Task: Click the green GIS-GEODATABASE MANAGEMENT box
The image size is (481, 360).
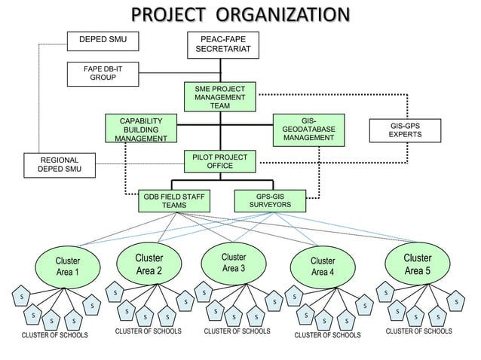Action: point(308,130)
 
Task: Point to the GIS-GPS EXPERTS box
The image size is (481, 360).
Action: point(405,130)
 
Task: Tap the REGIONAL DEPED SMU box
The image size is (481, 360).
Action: point(59,165)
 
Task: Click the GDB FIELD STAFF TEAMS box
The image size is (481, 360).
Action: point(174,201)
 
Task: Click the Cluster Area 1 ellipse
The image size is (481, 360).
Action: point(67,267)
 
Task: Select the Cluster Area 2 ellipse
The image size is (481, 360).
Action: point(149,264)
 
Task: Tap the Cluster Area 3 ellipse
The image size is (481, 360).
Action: point(233,263)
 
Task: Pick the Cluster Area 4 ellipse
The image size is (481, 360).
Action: point(323,266)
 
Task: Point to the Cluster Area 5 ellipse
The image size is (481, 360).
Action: point(418,264)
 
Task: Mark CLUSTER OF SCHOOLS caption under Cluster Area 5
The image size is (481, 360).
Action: point(418,331)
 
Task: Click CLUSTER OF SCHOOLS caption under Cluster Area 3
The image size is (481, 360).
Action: point(237,331)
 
